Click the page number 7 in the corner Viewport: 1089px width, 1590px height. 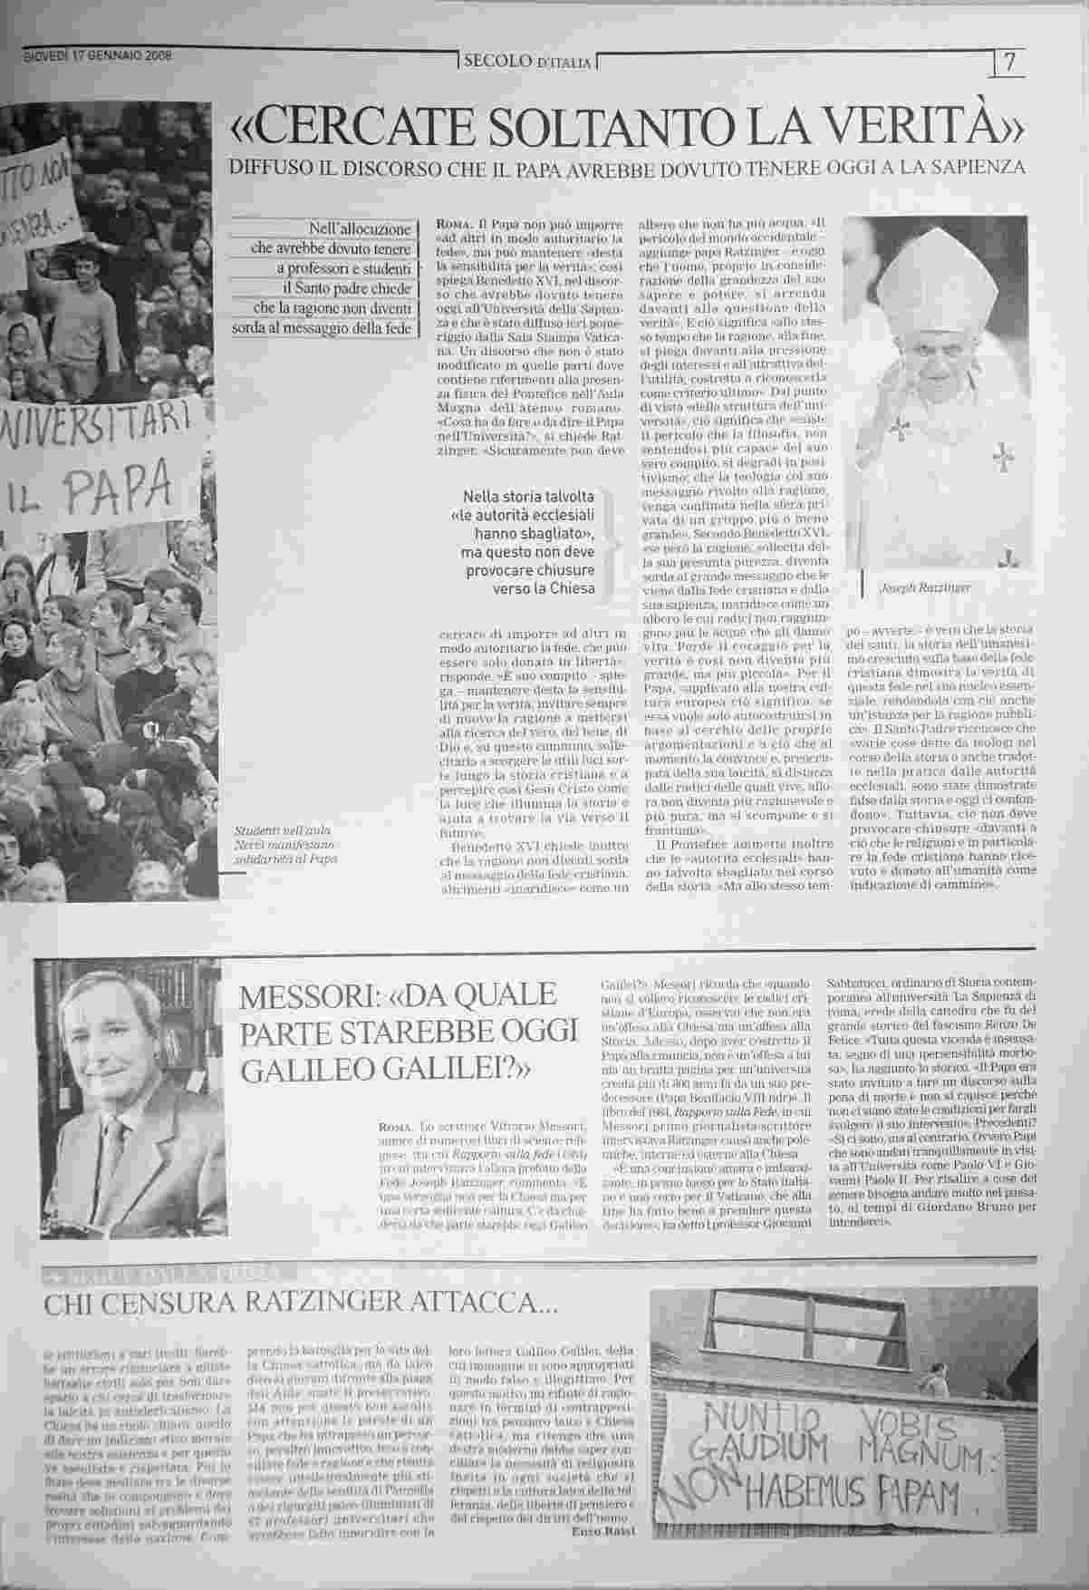(1010, 64)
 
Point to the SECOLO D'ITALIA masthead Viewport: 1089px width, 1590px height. (526, 63)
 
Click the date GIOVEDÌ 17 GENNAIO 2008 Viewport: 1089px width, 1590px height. (98, 55)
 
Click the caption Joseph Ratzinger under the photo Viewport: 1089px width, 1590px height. (925, 587)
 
